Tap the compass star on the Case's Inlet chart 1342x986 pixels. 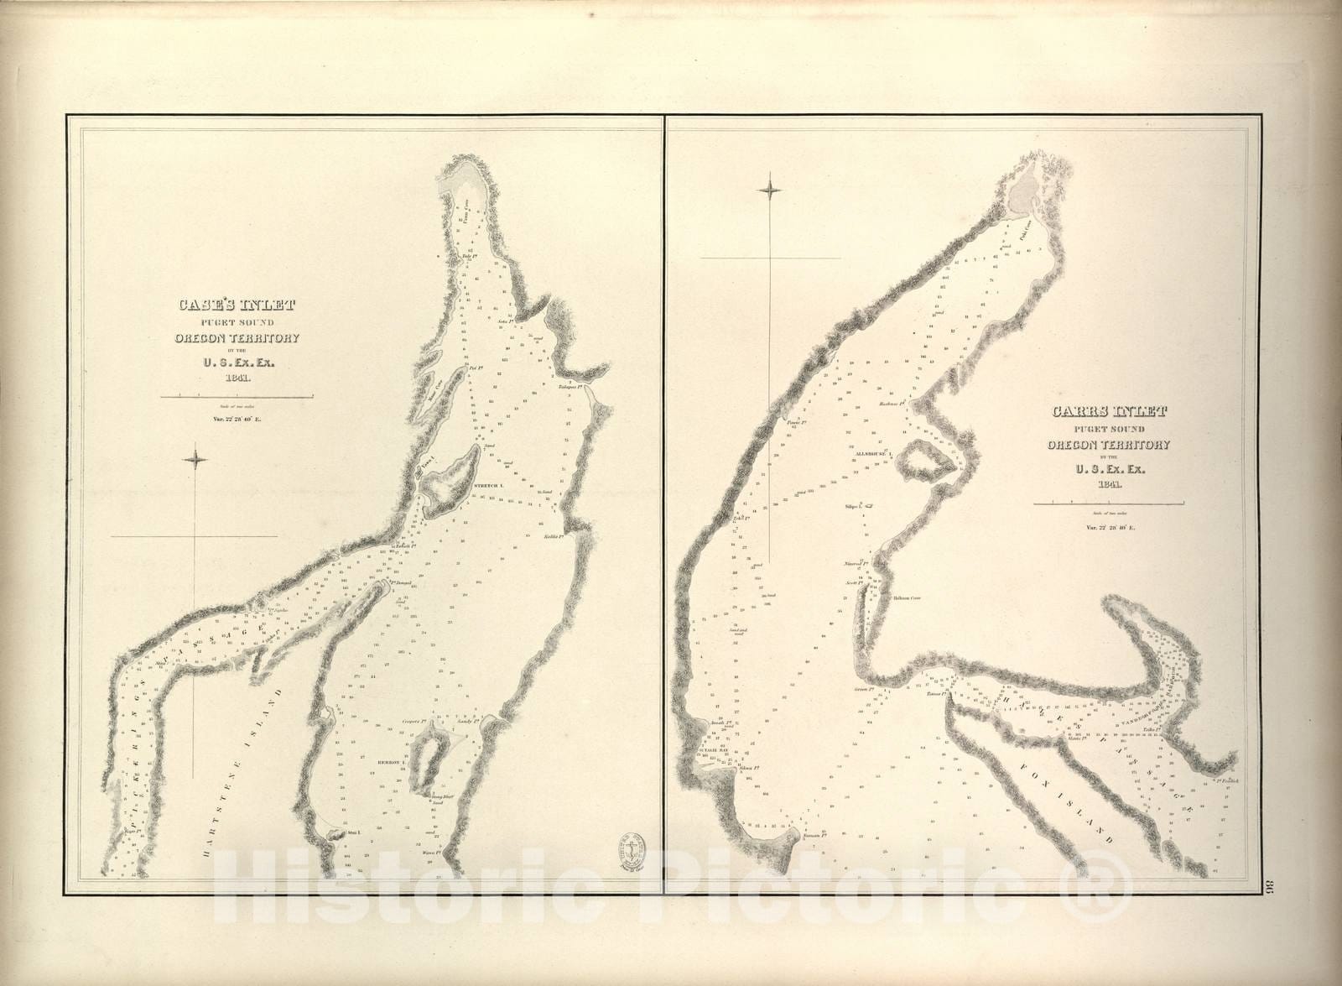click(197, 457)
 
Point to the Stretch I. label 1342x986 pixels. click(486, 486)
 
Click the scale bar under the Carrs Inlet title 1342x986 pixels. click(1107, 503)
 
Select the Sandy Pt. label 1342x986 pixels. click(467, 720)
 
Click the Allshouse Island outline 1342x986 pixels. click(925, 462)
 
